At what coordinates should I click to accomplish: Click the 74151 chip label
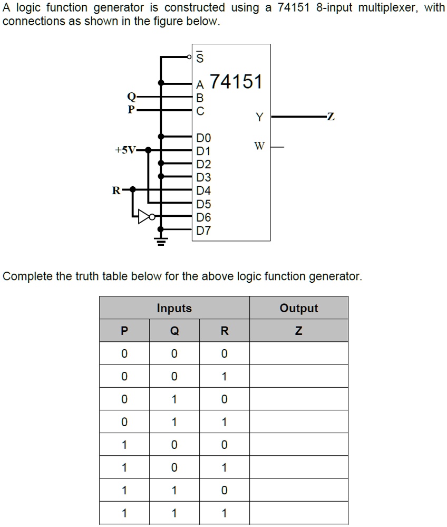(x=236, y=82)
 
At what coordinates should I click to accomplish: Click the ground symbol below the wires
(x=161, y=242)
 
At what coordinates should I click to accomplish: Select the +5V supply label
(x=124, y=150)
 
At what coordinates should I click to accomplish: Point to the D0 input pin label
(x=203, y=138)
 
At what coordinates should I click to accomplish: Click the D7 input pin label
(x=203, y=231)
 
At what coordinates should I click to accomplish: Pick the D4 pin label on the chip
(x=203, y=190)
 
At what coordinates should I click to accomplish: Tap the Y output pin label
(x=259, y=117)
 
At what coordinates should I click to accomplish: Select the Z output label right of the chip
(x=331, y=117)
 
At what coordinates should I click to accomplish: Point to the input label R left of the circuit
(x=115, y=190)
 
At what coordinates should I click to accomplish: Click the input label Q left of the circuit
(x=131, y=97)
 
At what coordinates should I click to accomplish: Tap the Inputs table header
(x=174, y=308)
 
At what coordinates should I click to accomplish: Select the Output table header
(x=298, y=308)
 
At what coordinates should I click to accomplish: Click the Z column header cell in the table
(x=298, y=331)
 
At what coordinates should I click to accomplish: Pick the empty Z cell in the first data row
(x=298, y=353)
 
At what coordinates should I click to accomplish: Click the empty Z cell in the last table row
(x=298, y=513)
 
